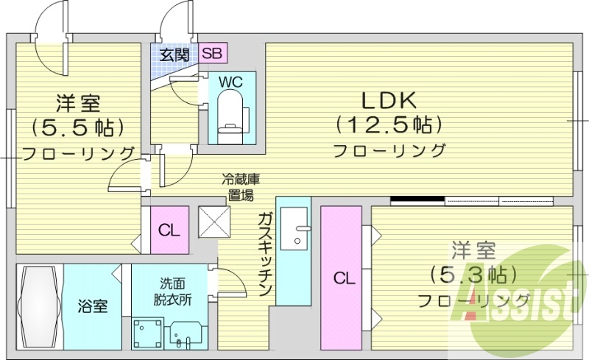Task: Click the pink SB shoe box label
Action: [211, 53]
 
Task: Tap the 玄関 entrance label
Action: [176, 54]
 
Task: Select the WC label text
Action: [230, 82]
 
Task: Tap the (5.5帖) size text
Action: [77, 127]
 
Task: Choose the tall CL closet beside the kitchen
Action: [341, 278]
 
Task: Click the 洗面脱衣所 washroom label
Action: [173, 292]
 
